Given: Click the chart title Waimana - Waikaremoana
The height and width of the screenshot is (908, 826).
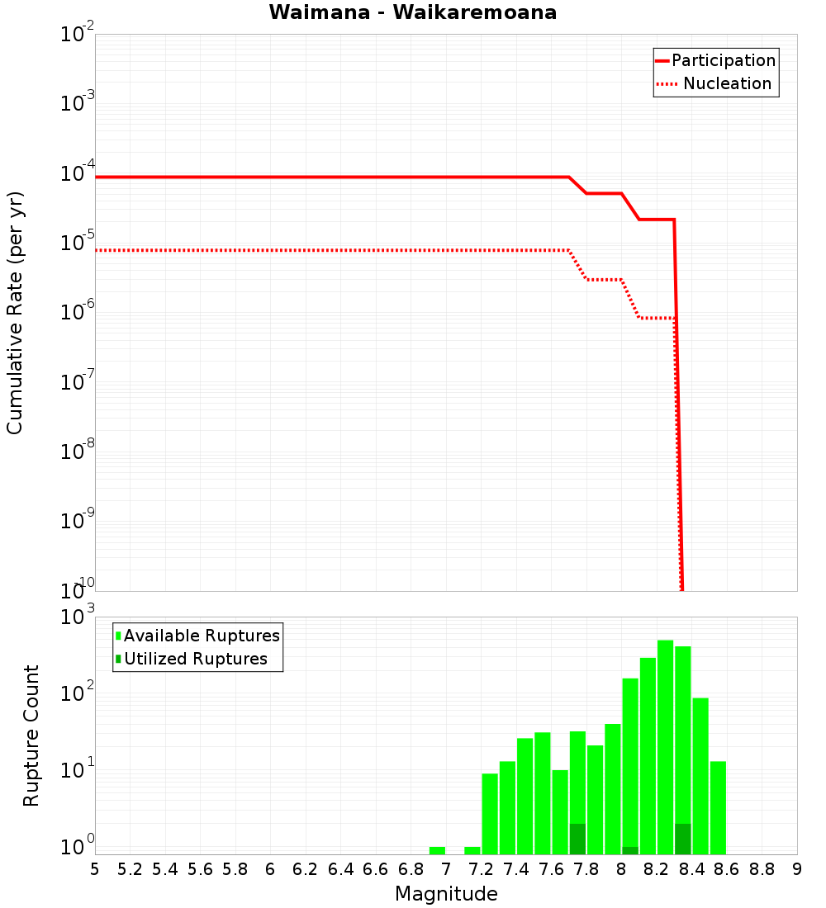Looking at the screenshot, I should pyautogui.click(x=412, y=12).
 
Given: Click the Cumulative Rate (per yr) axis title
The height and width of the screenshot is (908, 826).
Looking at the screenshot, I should pyautogui.click(x=15, y=313).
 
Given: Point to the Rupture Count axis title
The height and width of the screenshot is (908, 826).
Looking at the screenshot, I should pyautogui.click(x=31, y=735).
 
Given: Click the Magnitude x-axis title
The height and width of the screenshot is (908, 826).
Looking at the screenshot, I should pyautogui.click(x=446, y=894).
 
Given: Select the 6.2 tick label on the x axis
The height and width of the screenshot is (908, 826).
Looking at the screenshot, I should pyautogui.click(x=306, y=869).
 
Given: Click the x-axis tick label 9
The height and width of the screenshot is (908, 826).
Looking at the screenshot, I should pyautogui.click(x=796, y=869).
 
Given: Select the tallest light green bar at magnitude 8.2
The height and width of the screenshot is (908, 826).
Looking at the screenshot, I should pyautogui.click(x=665, y=743).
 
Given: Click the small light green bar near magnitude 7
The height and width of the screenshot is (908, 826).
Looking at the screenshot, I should pyautogui.click(x=437, y=850).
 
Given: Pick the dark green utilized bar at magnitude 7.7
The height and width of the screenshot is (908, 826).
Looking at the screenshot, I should pyautogui.click(x=577, y=839).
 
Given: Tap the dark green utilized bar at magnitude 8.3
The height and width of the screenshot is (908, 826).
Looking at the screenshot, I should pyautogui.click(x=682, y=839).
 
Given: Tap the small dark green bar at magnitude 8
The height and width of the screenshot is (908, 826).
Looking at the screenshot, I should pyautogui.click(x=630, y=850).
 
